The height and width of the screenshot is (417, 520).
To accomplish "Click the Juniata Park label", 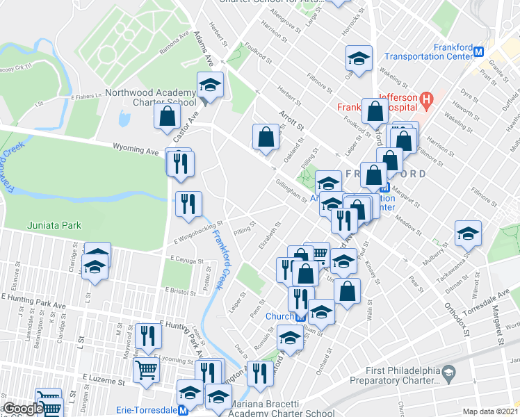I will tap(54, 225).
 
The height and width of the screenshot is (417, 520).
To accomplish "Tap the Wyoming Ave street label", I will tap(136, 149).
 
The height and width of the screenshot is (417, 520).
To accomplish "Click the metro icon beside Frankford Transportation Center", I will tap(478, 51).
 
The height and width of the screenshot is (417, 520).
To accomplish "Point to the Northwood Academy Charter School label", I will tap(150, 98).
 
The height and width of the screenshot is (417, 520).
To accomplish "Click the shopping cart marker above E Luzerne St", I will tap(146, 371).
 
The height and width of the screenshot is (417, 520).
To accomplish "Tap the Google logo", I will tap(22, 409).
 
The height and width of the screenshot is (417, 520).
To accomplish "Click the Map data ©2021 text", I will tap(491, 411).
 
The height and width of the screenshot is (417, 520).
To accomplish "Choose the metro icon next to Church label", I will tap(300, 317).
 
